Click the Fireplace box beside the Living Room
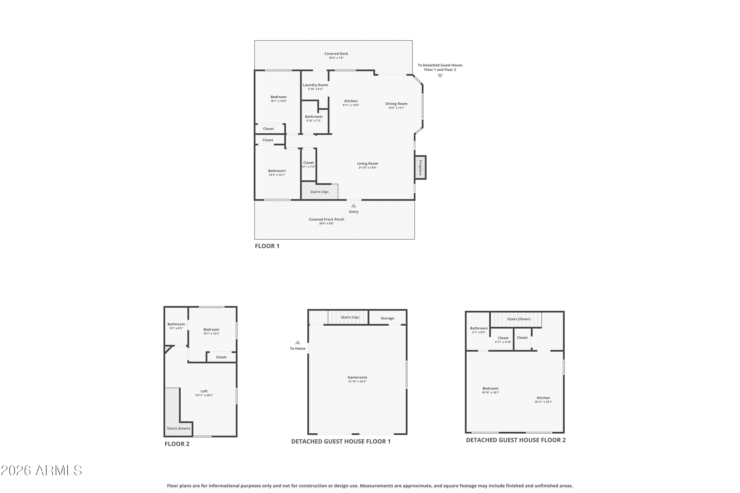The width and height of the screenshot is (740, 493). point(420,168)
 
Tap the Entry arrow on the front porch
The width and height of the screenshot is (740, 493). point(354,206)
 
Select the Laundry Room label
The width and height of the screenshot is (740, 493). point(315,85)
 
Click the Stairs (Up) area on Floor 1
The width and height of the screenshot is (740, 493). point(320,191)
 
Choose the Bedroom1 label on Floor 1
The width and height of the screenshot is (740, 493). point(277,171)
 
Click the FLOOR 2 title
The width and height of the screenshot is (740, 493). point(177,444)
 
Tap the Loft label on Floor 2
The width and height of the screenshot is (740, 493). point(204,391)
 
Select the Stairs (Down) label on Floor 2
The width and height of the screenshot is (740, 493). point(178,428)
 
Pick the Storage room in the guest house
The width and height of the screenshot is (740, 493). point(387,317)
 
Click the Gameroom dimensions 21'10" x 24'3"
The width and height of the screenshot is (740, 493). point(357,381)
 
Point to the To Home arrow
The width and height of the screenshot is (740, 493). point(298,342)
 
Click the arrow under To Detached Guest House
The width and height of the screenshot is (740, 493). point(440,76)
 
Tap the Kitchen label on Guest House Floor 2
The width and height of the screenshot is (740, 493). point(543,398)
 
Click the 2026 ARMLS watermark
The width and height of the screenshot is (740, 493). point(41,470)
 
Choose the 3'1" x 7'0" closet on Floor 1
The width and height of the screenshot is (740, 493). point(308,164)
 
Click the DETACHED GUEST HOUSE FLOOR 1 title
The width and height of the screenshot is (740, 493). point(341,441)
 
